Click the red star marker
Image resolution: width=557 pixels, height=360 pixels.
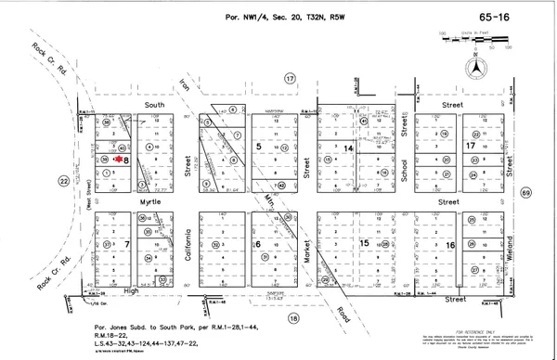pos(121,158)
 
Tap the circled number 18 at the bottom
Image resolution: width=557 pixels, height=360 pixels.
pos(295,318)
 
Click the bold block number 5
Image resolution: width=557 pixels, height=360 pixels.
pos(258,148)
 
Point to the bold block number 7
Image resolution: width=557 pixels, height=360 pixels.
pos(125,244)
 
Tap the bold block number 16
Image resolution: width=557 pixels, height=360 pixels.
pos(450,244)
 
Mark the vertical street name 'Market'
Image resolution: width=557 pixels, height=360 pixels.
pos(305,244)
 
